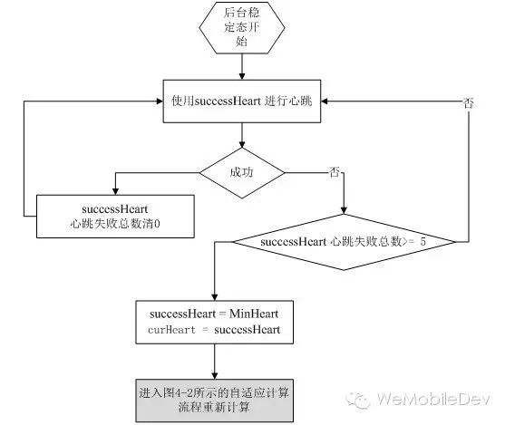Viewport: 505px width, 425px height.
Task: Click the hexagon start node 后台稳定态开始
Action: tap(242, 27)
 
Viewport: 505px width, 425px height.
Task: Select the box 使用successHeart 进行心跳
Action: tap(242, 101)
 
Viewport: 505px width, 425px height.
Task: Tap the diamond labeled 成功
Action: tap(242, 173)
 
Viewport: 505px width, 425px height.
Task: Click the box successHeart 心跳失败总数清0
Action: tap(115, 217)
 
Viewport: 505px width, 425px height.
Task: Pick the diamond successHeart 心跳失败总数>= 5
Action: tap(344, 242)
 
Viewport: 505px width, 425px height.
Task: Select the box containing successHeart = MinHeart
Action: tap(215, 322)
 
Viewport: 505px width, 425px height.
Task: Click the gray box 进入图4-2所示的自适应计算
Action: tap(215, 401)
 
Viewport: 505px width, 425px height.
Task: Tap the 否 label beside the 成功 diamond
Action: tap(335, 172)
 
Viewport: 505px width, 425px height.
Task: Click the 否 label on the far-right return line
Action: tap(469, 103)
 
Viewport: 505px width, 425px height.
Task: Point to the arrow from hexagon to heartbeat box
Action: tap(242, 67)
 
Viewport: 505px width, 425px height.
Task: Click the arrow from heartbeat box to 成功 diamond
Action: tap(242, 135)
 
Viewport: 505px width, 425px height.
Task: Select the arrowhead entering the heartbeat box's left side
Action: tap(160, 101)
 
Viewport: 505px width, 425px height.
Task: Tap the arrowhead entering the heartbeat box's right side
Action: tap(325, 101)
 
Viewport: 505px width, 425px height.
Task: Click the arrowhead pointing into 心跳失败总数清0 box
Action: tap(116, 191)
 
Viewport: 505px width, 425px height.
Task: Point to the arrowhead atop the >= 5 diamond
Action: tap(344, 210)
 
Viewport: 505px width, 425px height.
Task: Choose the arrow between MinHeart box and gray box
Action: tap(215, 362)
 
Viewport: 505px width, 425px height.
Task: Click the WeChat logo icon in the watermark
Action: tap(358, 401)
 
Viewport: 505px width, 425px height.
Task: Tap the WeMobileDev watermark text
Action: tap(433, 400)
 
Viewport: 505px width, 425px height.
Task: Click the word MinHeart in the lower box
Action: tap(254, 314)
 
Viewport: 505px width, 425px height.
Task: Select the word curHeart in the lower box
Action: tap(171, 330)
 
